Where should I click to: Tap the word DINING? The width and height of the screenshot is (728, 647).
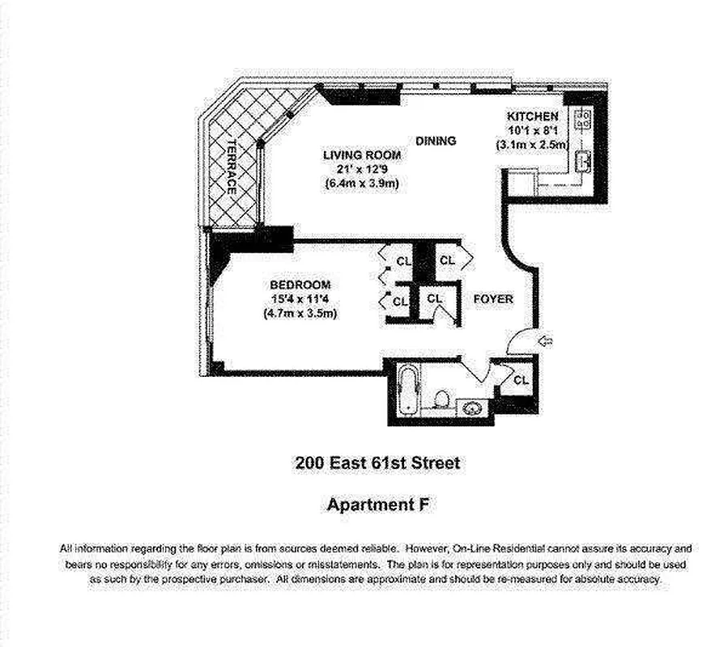[x=436, y=141]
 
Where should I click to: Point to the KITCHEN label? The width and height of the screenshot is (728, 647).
[x=533, y=116]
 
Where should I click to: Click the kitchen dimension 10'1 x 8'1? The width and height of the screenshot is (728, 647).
[x=533, y=130]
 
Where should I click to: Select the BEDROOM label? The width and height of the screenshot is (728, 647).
[x=300, y=285]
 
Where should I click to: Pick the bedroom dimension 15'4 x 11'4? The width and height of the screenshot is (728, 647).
[x=300, y=299]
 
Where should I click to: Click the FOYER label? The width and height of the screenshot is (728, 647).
[x=493, y=299]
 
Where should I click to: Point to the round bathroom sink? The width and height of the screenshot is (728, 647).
[x=473, y=408]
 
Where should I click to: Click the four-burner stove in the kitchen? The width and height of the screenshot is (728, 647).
[x=582, y=121]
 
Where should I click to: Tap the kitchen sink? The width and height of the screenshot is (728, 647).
[x=581, y=162]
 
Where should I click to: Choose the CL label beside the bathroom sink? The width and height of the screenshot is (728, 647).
[x=521, y=378]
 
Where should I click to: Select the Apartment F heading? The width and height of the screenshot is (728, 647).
[x=377, y=505]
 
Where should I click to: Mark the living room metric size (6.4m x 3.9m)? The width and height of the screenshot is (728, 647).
[x=362, y=184]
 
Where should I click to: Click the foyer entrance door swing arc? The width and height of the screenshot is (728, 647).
[x=518, y=340]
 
